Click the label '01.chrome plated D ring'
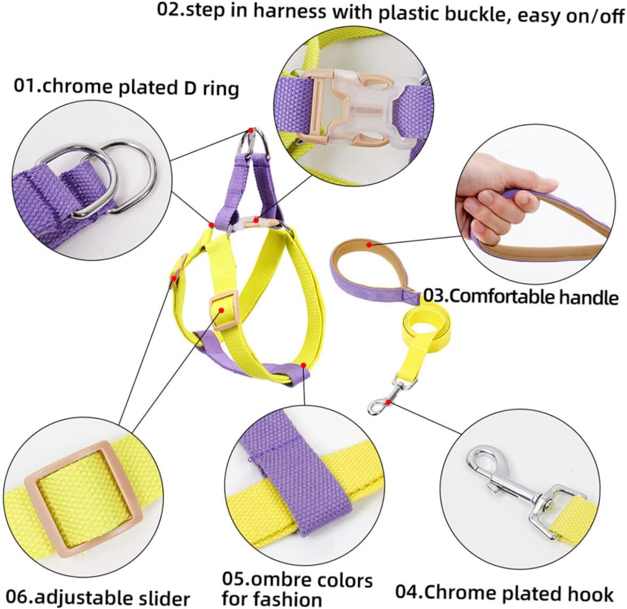click(126, 87)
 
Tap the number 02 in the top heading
click(167, 11)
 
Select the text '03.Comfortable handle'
click(520, 296)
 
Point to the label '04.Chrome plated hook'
click(504, 592)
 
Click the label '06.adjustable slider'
click(100, 597)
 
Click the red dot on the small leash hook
click(389, 401)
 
